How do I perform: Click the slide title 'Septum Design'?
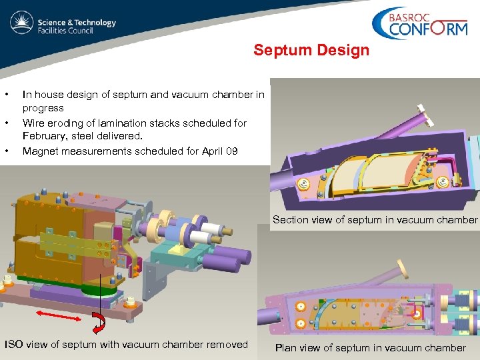311,51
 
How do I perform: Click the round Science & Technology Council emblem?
22,24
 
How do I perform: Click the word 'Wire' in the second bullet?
33,123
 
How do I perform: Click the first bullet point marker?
6,95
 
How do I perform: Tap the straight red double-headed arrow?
59,315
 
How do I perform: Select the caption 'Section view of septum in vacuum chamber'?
375,220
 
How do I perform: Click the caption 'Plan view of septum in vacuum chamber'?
370,347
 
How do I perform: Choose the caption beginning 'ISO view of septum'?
126,345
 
